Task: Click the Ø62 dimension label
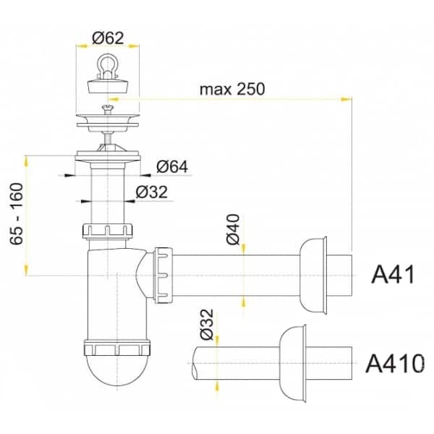pyautogui.click(x=108, y=38)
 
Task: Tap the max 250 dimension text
pyautogui.click(x=232, y=89)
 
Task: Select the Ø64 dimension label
pyautogui.click(x=172, y=166)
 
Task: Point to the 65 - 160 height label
pyautogui.click(x=17, y=213)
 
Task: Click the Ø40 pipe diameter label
pyautogui.click(x=233, y=229)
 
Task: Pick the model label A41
pyautogui.click(x=393, y=274)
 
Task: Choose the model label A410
pyautogui.click(x=395, y=363)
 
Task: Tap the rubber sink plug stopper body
pyautogui.click(x=108, y=85)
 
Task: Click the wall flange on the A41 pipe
pyautogui.click(x=313, y=276)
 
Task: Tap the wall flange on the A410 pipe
pyautogui.click(x=292, y=363)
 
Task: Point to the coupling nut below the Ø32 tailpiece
pyautogui.click(x=107, y=231)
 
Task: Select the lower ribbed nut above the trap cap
pyautogui.click(x=116, y=348)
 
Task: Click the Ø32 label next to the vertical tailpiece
pyautogui.click(x=152, y=192)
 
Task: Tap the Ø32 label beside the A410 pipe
pyautogui.click(x=207, y=324)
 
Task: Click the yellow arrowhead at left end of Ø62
pyautogui.click(x=82, y=46)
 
